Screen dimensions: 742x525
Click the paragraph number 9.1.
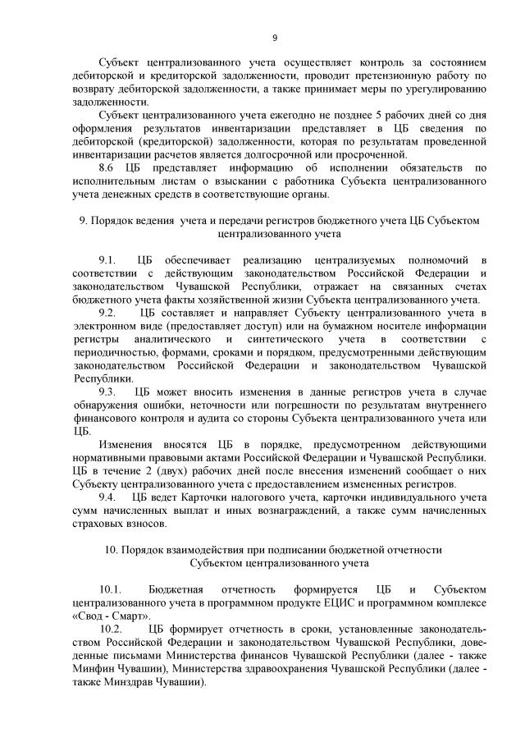(108, 260)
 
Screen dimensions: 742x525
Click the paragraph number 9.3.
(108, 392)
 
